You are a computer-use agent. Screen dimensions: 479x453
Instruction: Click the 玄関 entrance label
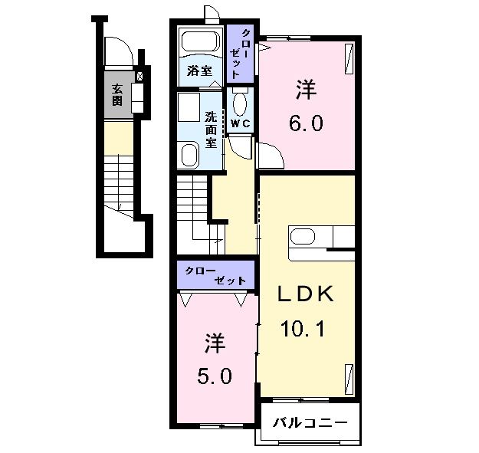click(117, 95)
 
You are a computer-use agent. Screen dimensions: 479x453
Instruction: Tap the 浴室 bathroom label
click(199, 71)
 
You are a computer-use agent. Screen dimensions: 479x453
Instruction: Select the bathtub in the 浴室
click(201, 42)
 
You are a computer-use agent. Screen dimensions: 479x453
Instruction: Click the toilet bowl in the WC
click(240, 103)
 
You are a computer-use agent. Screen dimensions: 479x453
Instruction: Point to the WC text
click(241, 123)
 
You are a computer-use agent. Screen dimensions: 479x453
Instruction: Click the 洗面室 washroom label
click(211, 130)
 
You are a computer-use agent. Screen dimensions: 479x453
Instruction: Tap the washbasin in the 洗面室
click(189, 155)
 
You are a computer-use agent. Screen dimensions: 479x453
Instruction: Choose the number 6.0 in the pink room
click(306, 123)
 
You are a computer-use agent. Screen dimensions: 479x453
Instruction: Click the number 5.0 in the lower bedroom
click(215, 376)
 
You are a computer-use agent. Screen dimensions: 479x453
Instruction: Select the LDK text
click(305, 294)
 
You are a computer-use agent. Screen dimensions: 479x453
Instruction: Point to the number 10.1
click(303, 329)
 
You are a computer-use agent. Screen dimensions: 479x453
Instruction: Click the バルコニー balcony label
click(310, 423)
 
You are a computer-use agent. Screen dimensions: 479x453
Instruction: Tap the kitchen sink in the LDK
click(303, 237)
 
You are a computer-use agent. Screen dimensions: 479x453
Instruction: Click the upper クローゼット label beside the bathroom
click(239, 54)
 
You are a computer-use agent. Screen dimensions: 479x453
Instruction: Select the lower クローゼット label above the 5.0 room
click(215, 275)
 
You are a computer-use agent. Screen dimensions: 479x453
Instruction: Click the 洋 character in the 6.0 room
click(306, 90)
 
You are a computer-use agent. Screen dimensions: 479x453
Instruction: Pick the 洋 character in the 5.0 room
click(215, 343)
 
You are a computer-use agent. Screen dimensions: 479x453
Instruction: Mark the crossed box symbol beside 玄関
click(139, 76)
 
